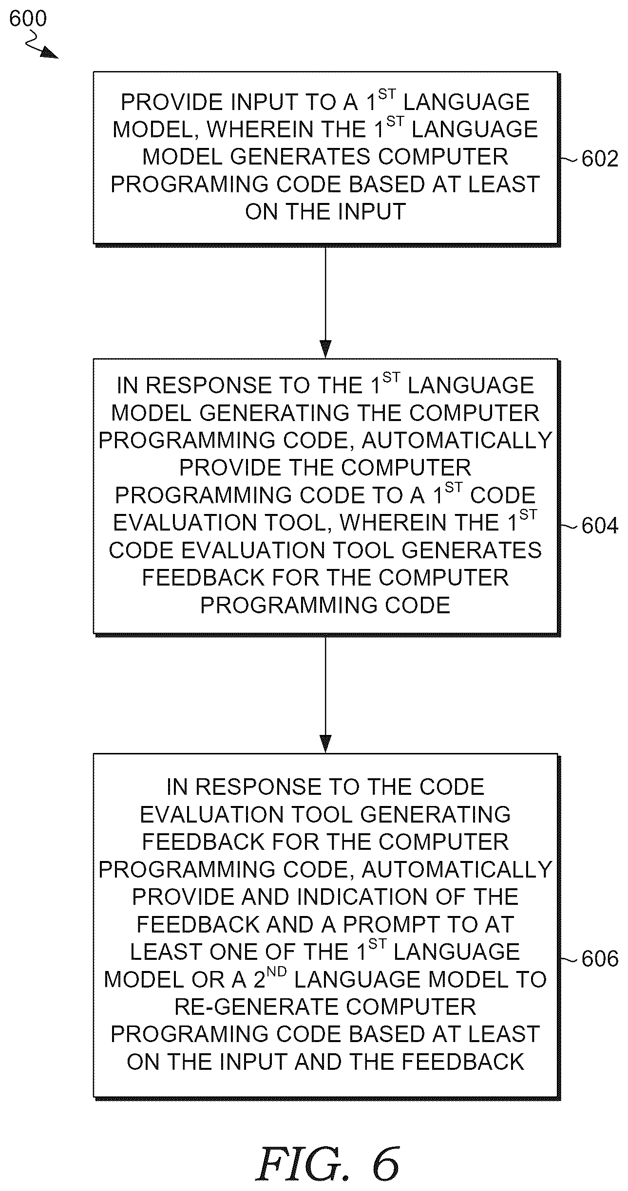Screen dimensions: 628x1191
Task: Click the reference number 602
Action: click(600, 159)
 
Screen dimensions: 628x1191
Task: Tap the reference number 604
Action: click(600, 526)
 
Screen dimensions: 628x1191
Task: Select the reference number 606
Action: click(600, 959)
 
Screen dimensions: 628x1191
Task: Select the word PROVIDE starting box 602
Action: click(171, 102)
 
